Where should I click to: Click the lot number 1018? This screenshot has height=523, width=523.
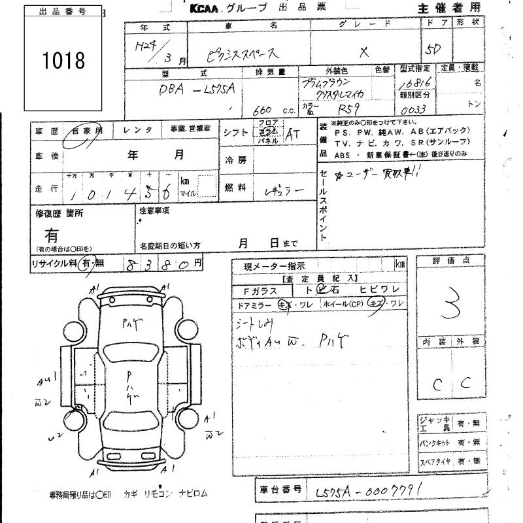(x=63, y=61)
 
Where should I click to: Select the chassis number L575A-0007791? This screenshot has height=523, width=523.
(x=367, y=489)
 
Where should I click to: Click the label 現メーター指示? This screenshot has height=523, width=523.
(x=273, y=265)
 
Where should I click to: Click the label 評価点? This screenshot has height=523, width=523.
(x=451, y=261)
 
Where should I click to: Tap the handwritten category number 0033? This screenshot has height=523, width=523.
(x=414, y=112)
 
